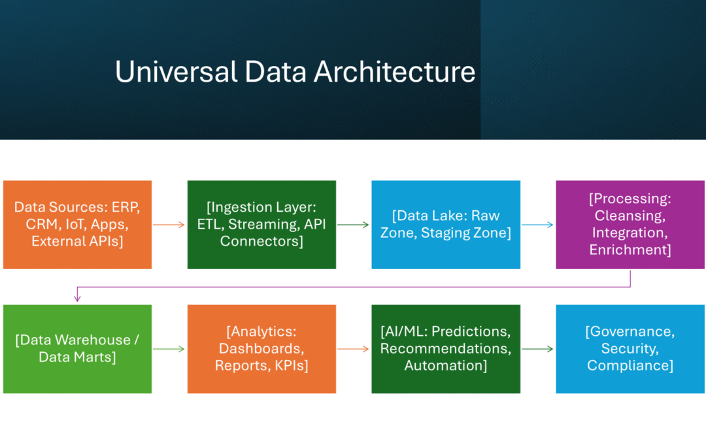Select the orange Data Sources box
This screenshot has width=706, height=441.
tap(77, 225)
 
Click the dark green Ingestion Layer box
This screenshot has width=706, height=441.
tap(261, 225)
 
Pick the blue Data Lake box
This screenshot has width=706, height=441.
tap(446, 225)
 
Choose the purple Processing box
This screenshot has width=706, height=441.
tap(630, 225)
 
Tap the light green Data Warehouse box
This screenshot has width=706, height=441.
tap(77, 349)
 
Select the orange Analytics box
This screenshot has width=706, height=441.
tap(261, 349)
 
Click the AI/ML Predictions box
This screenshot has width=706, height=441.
tap(446, 349)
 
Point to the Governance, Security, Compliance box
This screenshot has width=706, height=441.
tap(630, 349)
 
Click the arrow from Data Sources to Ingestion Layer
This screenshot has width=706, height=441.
tap(169, 225)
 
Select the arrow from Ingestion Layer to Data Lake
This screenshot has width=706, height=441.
tap(354, 225)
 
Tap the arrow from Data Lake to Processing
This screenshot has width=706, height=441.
tap(538, 225)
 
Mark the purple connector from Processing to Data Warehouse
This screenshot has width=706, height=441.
tap(353, 286)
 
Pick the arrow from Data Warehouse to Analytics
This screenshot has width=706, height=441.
tap(169, 349)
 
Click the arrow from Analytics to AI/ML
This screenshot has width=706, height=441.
tap(354, 349)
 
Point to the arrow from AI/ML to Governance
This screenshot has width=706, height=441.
tap(538, 349)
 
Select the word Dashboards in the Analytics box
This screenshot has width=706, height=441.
tap(261, 348)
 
